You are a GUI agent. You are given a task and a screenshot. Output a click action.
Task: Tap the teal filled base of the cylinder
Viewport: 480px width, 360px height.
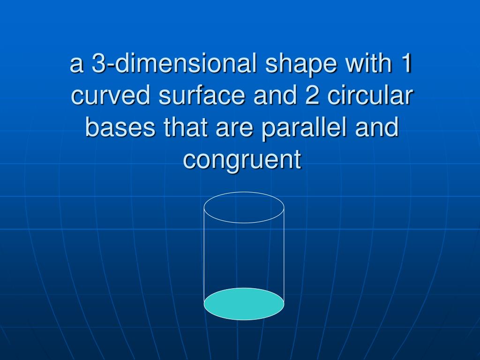(x=244, y=304)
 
